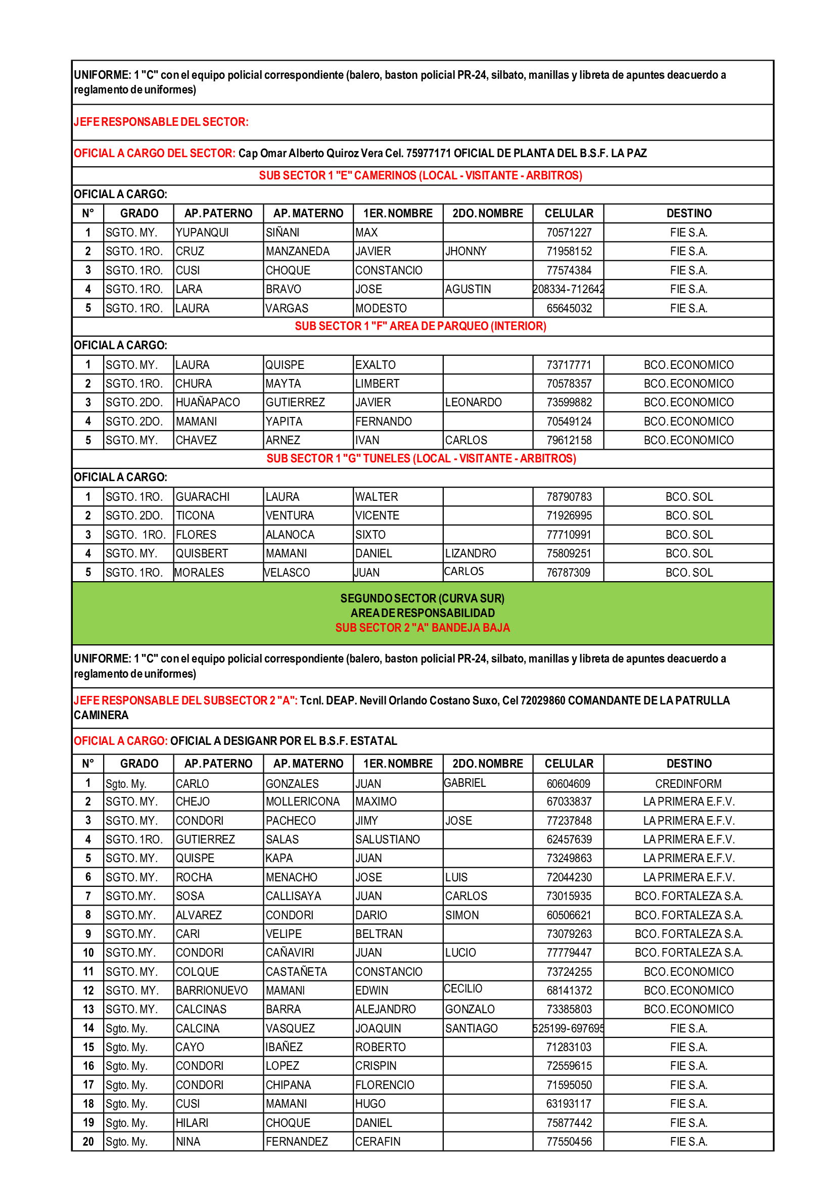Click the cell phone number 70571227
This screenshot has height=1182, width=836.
click(x=569, y=232)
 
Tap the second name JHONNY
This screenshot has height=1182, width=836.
click(x=466, y=251)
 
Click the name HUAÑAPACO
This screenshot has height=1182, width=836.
click(x=207, y=403)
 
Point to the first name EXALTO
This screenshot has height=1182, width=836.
click(x=375, y=365)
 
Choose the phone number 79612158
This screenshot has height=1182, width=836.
click(x=569, y=441)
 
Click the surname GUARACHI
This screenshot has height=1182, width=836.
click(x=202, y=497)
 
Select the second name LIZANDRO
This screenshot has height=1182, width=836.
click(x=471, y=554)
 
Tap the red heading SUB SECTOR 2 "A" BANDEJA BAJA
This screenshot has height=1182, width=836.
click(x=422, y=628)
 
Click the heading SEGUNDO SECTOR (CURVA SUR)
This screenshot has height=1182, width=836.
click(x=422, y=599)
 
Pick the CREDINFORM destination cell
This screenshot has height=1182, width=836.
click(x=688, y=784)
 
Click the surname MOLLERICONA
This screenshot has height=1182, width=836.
click(x=303, y=802)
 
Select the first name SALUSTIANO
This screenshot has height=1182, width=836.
click(x=387, y=840)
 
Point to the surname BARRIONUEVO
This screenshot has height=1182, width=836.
click(x=212, y=991)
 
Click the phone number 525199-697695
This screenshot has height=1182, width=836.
click(x=568, y=1028)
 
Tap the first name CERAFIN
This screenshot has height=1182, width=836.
click(x=378, y=1142)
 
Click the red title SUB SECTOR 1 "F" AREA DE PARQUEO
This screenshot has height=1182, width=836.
click(x=420, y=326)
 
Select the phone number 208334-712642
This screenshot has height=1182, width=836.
click(x=568, y=290)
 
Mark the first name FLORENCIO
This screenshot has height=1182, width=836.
click(x=385, y=1085)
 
